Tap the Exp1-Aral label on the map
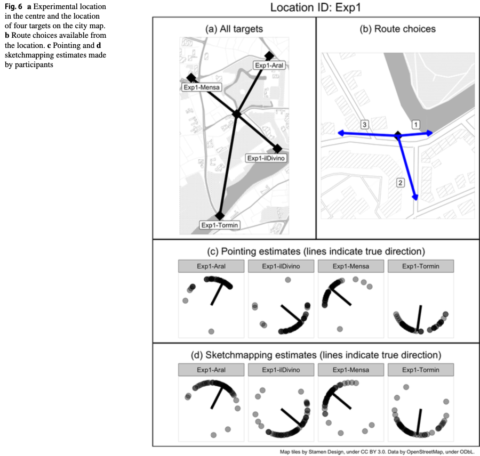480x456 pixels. (269, 66)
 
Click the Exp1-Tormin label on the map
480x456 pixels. (220, 225)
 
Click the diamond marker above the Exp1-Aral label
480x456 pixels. (269, 55)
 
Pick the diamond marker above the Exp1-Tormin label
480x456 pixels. (220, 215)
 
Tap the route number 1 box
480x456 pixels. (415, 124)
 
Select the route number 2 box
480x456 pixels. (401, 183)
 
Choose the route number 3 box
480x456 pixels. (364, 124)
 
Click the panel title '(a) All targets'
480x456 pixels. (234, 29)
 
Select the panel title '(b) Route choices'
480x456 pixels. (397, 29)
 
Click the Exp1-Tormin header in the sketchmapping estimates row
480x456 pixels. (420, 369)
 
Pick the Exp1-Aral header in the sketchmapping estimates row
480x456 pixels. (211, 369)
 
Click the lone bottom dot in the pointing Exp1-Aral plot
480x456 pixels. (212, 331)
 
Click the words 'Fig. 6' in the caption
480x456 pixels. (12, 6)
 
